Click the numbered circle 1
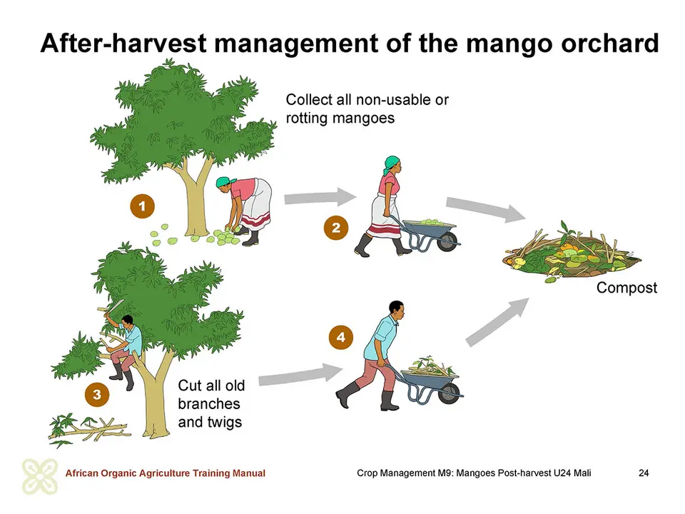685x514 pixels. click(x=143, y=206)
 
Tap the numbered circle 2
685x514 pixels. click(x=336, y=228)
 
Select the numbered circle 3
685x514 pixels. click(x=97, y=394)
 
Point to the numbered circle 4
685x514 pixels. click(x=341, y=337)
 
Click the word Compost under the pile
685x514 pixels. click(x=626, y=288)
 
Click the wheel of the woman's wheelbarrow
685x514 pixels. click(x=447, y=241)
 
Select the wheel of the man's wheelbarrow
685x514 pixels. click(x=449, y=393)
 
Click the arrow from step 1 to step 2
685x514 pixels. click(x=320, y=197)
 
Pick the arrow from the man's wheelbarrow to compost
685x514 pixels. click(x=497, y=322)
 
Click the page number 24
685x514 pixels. click(x=644, y=473)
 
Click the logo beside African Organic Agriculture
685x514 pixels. click(x=40, y=476)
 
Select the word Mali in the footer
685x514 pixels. click(x=582, y=473)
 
